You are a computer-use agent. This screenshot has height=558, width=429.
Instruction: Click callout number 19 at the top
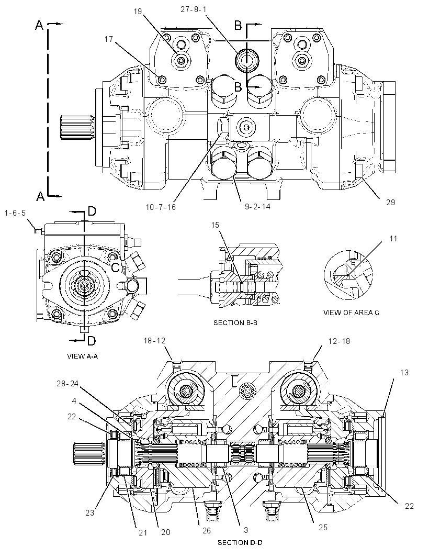(x=138, y=12)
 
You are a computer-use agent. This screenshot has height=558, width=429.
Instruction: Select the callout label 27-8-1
(x=193, y=9)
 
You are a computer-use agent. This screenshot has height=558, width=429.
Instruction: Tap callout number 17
(x=109, y=39)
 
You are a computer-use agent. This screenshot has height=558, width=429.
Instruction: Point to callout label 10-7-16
(x=161, y=207)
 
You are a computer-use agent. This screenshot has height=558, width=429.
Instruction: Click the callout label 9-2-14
(x=257, y=206)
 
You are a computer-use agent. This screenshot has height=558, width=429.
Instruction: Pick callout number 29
(x=391, y=202)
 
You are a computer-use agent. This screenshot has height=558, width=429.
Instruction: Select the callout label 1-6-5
(x=15, y=213)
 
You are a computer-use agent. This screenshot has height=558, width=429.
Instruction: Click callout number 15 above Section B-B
(x=215, y=225)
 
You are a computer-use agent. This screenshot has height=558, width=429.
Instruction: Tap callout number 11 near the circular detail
(x=393, y=238)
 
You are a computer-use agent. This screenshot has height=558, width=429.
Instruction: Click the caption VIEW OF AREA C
(x=351, y=313)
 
